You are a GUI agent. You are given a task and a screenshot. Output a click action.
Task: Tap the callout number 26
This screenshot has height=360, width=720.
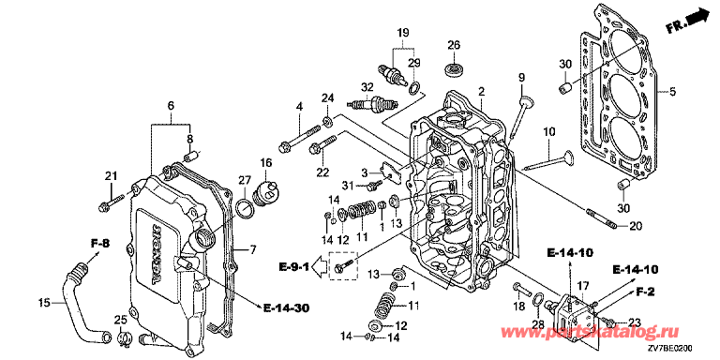click(454, 45)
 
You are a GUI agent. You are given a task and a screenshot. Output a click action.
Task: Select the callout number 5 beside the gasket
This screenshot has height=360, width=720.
click(672, 92)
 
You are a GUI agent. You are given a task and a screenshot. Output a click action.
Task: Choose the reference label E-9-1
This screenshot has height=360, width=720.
click(294, 266)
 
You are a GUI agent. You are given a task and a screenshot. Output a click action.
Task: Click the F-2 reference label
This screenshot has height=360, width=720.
click(645, 291)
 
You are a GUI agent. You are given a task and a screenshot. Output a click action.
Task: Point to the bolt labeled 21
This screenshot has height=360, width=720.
click(111, 202)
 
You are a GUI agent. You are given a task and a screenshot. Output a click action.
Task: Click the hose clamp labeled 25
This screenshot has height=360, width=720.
click(123, 338)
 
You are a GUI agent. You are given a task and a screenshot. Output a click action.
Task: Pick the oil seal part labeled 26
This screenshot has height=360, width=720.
click(454, 69)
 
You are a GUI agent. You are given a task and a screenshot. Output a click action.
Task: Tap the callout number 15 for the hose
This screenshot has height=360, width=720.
click(44, 303)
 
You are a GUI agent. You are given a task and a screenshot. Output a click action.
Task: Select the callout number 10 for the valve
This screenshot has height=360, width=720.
click(548, 132)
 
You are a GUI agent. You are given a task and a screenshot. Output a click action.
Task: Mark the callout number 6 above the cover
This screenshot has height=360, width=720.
click(171, 106)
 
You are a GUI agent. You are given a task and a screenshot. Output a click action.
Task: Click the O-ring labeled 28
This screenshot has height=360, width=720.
click(539, 299)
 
